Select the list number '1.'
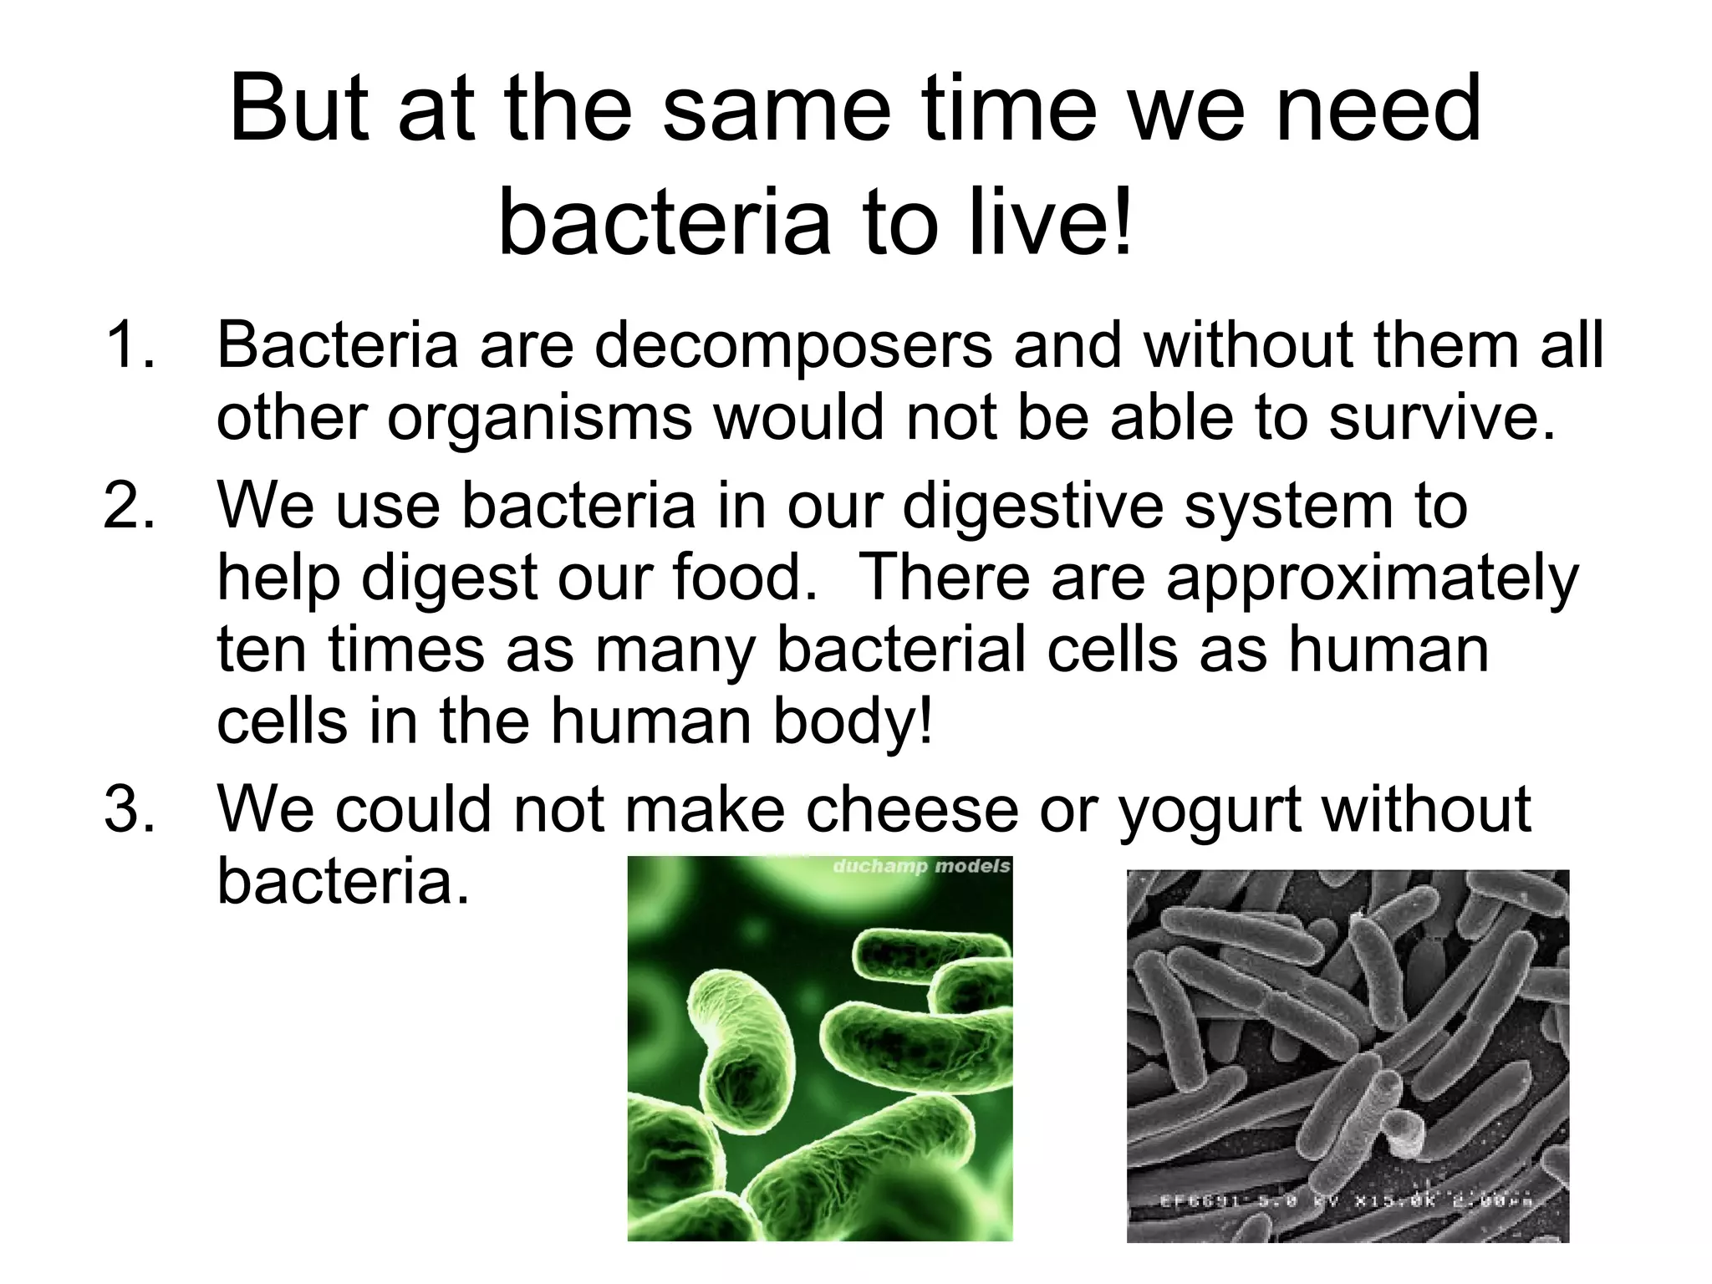tap(130, 345)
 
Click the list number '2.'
tap(130, 507)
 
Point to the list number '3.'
tap(130, 809)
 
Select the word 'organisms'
tap(539, 419)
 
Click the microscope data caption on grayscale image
tap(1346, 1201)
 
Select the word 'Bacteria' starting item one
tap(338, 345)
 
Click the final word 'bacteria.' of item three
tap(343, 881)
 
